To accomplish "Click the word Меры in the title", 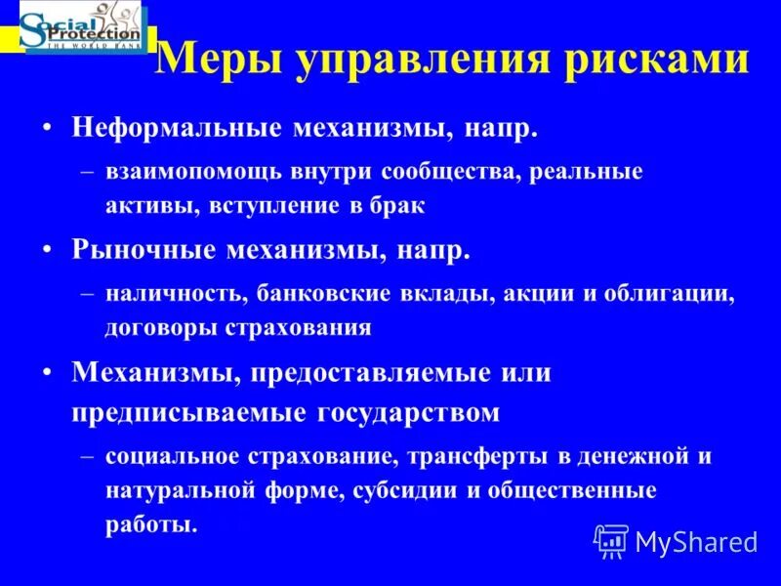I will (x=206, y=60).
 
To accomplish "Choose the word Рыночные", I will (x=144, y=250).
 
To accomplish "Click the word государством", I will (x=409, y=412).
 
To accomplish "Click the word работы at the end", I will (x=150, y=524).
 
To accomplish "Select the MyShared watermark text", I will (x=696, y=541).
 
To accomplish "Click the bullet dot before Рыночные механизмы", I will (x=47, y=250).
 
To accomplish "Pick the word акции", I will (x=533, y=293).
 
